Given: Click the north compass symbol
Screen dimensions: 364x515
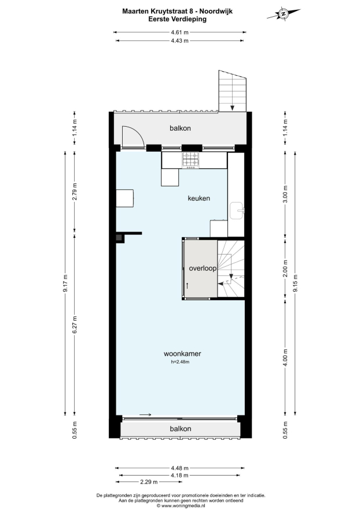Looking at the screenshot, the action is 284,14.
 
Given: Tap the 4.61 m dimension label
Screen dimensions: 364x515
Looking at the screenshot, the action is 180,32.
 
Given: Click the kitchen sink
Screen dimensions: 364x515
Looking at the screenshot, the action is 237,211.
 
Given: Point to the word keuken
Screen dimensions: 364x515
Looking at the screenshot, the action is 198,198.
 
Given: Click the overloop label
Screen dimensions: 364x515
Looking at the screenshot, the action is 203,268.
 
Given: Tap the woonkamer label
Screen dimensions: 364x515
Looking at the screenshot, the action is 182,354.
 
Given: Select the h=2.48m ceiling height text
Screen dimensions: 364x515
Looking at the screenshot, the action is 181,362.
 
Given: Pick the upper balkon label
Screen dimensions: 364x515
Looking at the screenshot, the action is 180,128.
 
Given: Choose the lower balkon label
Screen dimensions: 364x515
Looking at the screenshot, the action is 181,429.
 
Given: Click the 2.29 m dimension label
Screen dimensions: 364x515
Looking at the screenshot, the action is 149,482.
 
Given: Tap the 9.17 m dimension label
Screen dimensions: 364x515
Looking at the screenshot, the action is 65,283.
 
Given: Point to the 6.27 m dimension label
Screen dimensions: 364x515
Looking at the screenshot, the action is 75,325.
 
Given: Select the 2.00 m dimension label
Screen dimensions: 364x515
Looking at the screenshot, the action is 285,268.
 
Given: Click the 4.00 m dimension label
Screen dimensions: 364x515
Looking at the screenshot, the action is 285,358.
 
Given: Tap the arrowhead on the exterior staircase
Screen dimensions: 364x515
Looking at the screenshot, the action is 232,108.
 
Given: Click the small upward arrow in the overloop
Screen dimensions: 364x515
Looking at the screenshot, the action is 187,285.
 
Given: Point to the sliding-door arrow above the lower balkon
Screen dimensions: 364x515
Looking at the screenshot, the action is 145,414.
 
